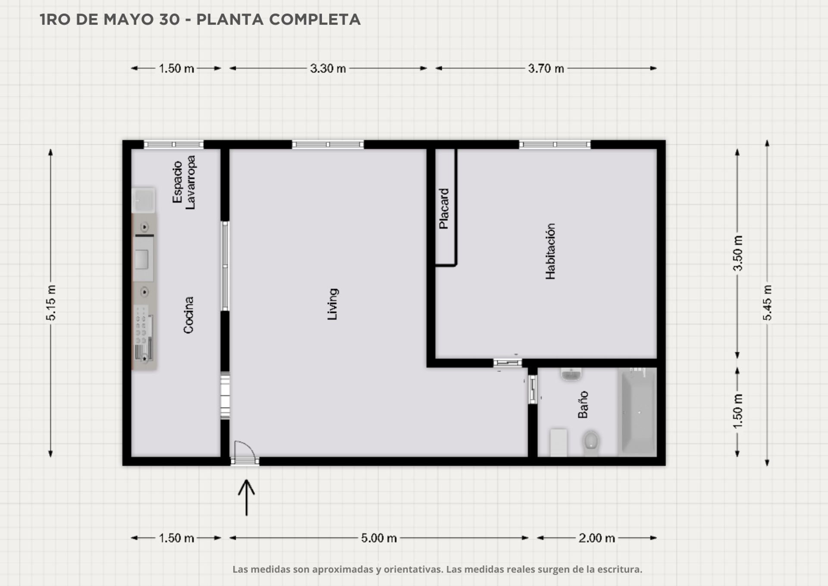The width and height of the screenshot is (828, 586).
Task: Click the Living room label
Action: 332,304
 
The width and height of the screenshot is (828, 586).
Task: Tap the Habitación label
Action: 550,251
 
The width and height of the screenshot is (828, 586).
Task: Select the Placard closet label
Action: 444,208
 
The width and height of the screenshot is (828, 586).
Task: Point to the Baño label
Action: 583,404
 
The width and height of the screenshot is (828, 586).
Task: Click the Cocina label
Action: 188,315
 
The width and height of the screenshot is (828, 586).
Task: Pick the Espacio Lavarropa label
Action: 184,182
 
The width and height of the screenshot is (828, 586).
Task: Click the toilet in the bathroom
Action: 591,443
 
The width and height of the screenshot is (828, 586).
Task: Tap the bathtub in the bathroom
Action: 637,412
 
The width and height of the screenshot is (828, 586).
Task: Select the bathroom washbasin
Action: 571,374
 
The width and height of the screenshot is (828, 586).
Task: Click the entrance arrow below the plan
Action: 246,497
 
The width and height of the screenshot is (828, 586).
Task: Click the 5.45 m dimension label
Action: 767,303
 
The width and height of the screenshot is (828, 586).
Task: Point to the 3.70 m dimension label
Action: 546,68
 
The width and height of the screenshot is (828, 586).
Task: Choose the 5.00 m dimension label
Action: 379,538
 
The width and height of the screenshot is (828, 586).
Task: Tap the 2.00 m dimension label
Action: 597,538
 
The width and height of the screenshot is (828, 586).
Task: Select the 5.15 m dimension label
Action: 51,303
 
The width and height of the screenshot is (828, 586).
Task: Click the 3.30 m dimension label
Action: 328,68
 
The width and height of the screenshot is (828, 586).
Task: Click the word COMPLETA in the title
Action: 315,19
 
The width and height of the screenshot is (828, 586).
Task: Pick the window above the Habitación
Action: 555,145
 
